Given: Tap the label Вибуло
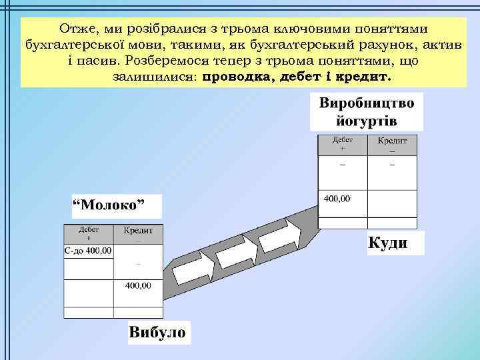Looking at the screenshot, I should click(x=157, y=331).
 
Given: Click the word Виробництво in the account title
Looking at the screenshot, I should click(x=367, y=105).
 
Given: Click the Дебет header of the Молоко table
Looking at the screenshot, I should click(x=89, y=232).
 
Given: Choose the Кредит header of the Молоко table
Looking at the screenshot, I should click(x=139, y=232).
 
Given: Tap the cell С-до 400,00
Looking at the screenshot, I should click(x=89, y=251).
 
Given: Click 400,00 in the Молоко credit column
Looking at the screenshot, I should click(x=139, y=285).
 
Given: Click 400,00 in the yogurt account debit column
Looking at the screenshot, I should click(x=337, y=199).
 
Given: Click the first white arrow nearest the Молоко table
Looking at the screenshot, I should click(x=192, y=271).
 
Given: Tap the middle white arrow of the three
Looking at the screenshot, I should click(x=235, y=254).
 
